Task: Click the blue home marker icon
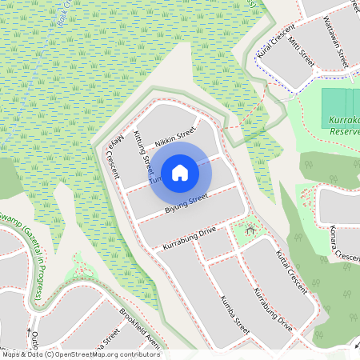180,173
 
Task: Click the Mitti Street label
302,51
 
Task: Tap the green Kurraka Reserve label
345,125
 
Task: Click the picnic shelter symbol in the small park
250,230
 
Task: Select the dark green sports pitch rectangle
341,102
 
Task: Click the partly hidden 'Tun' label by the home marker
154,181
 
